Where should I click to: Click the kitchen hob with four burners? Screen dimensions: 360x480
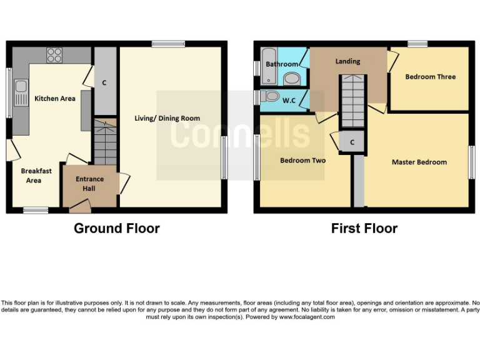[x=54, y=55]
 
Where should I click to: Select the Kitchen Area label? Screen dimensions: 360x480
[x=55, y=99]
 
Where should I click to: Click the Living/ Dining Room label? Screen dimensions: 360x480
[x=167, y=118]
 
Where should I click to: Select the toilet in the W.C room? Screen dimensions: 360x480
[x=271, y=97]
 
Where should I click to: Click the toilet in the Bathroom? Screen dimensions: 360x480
[x=291, y=79]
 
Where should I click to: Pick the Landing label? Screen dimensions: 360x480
[x=347, y=61]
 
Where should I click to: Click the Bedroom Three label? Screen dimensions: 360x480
[x=431, y=77]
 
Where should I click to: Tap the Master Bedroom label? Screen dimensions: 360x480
[x=419, y=162]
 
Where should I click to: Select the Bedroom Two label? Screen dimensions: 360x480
[x=302, y=161]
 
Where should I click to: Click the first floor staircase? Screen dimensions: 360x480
[x=352, y=100]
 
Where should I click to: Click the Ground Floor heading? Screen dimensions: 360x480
[x=117, y=228]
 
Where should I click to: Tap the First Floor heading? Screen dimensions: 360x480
[x=364, y=228]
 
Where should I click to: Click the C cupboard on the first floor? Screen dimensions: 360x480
[x=352, y=142]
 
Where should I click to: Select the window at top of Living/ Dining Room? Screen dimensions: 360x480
[x=167, y=44]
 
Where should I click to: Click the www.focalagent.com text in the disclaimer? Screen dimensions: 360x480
[x=306, y=317]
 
